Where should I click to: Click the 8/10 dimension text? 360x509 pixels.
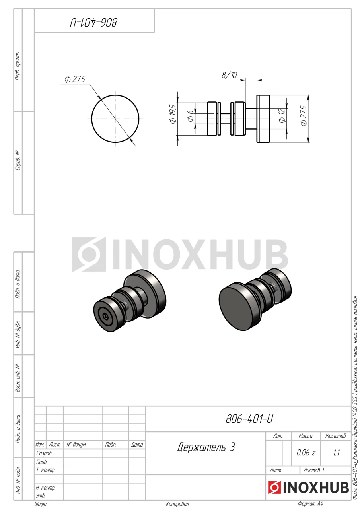229,75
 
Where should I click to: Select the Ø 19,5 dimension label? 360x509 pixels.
173,114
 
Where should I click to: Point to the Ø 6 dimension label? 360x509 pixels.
190,115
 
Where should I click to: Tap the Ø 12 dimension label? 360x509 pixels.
282,116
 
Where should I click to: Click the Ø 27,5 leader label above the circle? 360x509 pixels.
75,79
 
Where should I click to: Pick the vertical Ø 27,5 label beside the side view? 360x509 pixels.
304,116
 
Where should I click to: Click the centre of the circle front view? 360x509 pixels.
115,119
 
